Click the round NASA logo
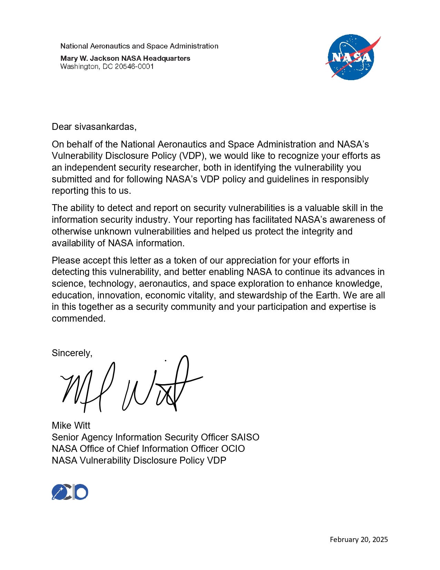click(x=351, y=57)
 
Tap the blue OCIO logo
click(x=70, y=492)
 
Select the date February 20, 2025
click(x=359, y=539)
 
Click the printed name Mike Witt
click(x=71, y=425)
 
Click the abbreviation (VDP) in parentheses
click(x=191, y=156)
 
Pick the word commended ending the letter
click(x=78, y=318)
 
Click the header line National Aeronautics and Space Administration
click(x=139, y=46)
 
